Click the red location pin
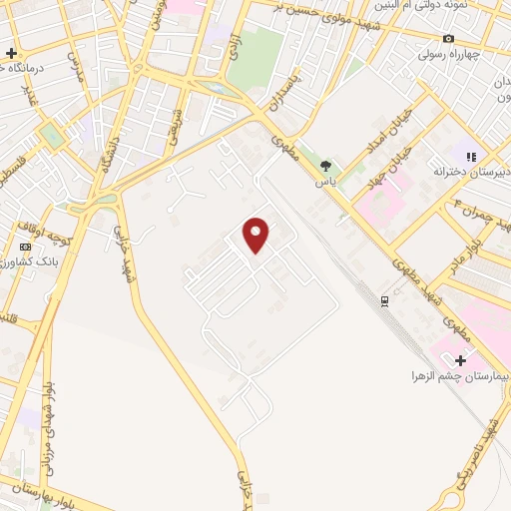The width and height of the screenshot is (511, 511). click(256, 235)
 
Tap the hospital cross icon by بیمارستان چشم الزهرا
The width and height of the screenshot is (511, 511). click(460, 359)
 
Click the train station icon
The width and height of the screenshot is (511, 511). click(385, 300)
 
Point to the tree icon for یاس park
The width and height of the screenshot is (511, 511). click(325, 165)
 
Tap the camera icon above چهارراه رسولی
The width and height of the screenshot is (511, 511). click(448, 39)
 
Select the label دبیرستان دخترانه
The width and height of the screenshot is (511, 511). click(470, 172)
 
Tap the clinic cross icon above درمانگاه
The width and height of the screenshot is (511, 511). click(11, 53)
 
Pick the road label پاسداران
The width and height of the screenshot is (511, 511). click(280, 94)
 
